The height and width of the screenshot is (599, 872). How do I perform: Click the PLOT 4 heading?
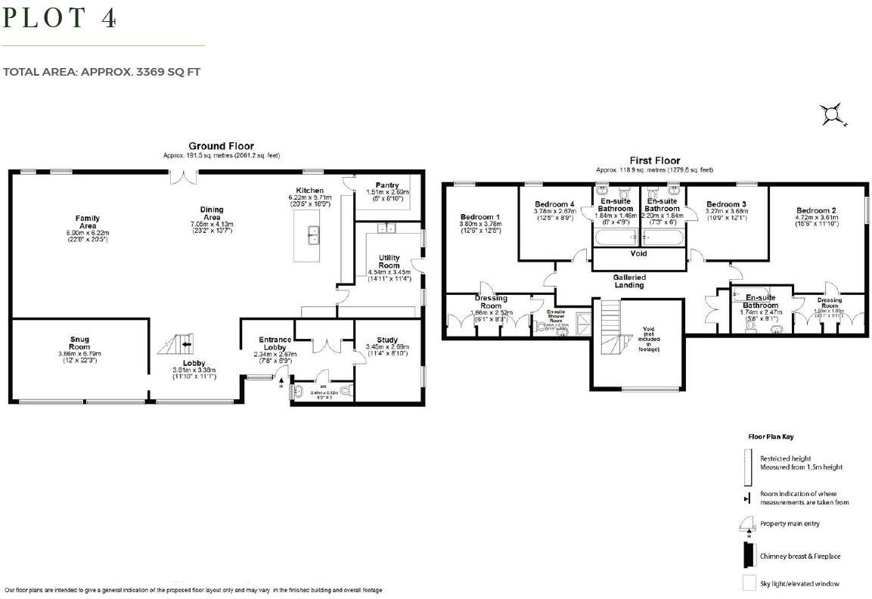(61, 18)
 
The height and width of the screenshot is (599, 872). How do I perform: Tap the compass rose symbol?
(833, 115)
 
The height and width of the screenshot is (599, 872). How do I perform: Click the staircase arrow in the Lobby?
(186, 345)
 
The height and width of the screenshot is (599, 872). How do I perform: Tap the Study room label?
(386, 340)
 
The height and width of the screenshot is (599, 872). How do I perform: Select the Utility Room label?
(389, 262)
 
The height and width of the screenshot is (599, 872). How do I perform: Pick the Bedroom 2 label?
(815, 210)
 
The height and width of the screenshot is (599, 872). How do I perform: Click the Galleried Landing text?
(628, 281)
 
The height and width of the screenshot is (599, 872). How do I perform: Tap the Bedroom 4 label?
(554, 204)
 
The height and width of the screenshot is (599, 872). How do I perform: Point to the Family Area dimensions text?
(87, 236)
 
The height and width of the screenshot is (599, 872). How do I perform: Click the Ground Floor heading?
(221, 146)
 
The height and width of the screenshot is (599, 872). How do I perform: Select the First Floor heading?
(654, 160)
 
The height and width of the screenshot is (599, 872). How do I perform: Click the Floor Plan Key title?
(771, 436)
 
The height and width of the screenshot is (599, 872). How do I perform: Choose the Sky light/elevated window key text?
(799, 583)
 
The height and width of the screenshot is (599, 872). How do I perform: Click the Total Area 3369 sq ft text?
(101, 72)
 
